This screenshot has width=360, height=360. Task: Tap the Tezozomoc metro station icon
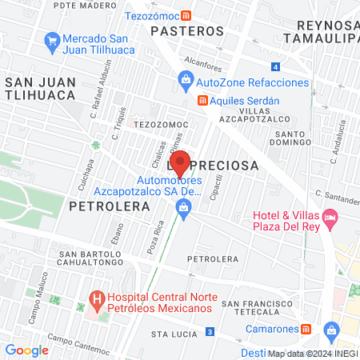tap(186, 15)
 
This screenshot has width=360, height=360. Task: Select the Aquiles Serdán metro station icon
tap(202, 100)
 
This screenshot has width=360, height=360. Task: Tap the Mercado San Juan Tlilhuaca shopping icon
tap(53, 39)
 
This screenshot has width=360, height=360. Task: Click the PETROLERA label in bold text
tap(110, 206)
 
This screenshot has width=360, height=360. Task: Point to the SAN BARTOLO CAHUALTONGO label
tap(90, 261)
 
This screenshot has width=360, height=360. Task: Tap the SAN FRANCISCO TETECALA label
tap(255, 309)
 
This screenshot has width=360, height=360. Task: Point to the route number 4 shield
tap(275, 66)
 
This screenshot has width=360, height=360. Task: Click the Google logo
tap(27, 350)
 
